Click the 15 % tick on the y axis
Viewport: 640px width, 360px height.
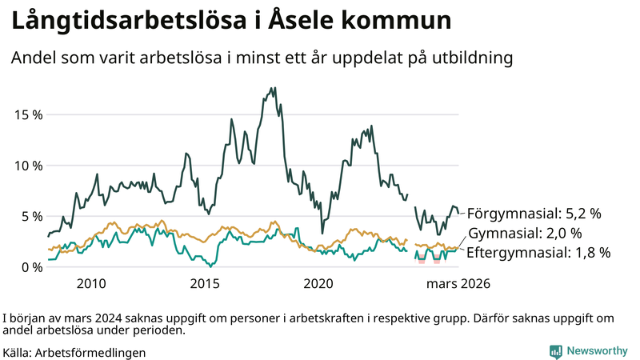tap(28, 114)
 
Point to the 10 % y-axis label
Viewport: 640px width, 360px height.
tap(28, 166)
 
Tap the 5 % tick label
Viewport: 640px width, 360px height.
tap(31, 216)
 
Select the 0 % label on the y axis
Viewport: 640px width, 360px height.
tap(31, 267)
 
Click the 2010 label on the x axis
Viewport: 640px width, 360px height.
tap(91, 284)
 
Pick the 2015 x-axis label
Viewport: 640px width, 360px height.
tap(205, 284)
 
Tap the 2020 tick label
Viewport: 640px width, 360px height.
tap(318, 284)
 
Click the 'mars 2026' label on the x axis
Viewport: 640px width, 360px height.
tap(458, 284)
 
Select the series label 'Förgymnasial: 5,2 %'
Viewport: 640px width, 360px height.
tap(534, 214)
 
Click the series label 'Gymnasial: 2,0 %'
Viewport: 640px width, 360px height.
tap(525, 234)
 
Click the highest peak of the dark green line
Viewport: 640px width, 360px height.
tap(274, 88)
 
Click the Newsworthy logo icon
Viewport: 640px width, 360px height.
tap(555, 351)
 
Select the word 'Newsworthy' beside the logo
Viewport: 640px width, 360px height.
tap(597, 351)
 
